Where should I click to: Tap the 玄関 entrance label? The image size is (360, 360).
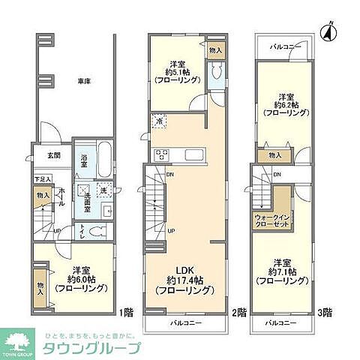pyautogui.click(x=55, y=156)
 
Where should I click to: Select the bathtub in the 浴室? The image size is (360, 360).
pyautogui.click(x=104, y=158)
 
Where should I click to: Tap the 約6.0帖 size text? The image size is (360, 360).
pyautogui.click(x=77, y=279)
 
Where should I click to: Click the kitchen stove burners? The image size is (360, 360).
pyautogui.click(x=162, y=155)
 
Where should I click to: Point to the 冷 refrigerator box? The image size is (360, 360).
pyautogui.click(x=159, y=120)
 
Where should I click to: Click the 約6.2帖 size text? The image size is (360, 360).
pyautogui.click(x=285, y=106)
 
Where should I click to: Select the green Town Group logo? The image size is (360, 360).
pyautogui.click(x=20, y=339)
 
